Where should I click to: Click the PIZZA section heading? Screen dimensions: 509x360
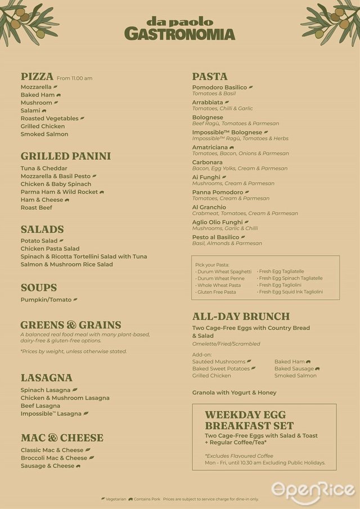tap(37, 76)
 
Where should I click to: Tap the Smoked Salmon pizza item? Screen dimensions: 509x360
tap(44, 134)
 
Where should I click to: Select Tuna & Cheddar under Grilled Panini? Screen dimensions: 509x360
tap(44, 168)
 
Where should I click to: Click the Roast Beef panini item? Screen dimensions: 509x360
tap(37, 208)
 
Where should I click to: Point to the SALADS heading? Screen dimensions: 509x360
tap(42, 229)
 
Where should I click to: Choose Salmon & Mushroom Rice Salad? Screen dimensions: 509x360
tap(67, 264)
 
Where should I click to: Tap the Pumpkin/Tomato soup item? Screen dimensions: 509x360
tap(46, 300)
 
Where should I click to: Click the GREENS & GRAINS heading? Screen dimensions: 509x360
tap(71, 325)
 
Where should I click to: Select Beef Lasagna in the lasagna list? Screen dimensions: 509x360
tap(40, 406)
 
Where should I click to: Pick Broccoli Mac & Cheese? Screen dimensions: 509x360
tap(54, 458)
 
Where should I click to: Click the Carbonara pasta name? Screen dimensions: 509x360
tap(207, 163)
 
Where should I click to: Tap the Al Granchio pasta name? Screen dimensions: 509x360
tap(209, 208)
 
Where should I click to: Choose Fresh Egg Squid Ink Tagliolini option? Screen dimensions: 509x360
tap(291, 292)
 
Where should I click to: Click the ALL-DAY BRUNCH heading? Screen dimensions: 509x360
tap(241, 317)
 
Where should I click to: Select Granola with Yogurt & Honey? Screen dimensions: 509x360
tap(234, 393)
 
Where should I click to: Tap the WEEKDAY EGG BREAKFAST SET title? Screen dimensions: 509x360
tap(249, 420)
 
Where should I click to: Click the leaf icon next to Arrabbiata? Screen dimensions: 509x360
tap(227, 103)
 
